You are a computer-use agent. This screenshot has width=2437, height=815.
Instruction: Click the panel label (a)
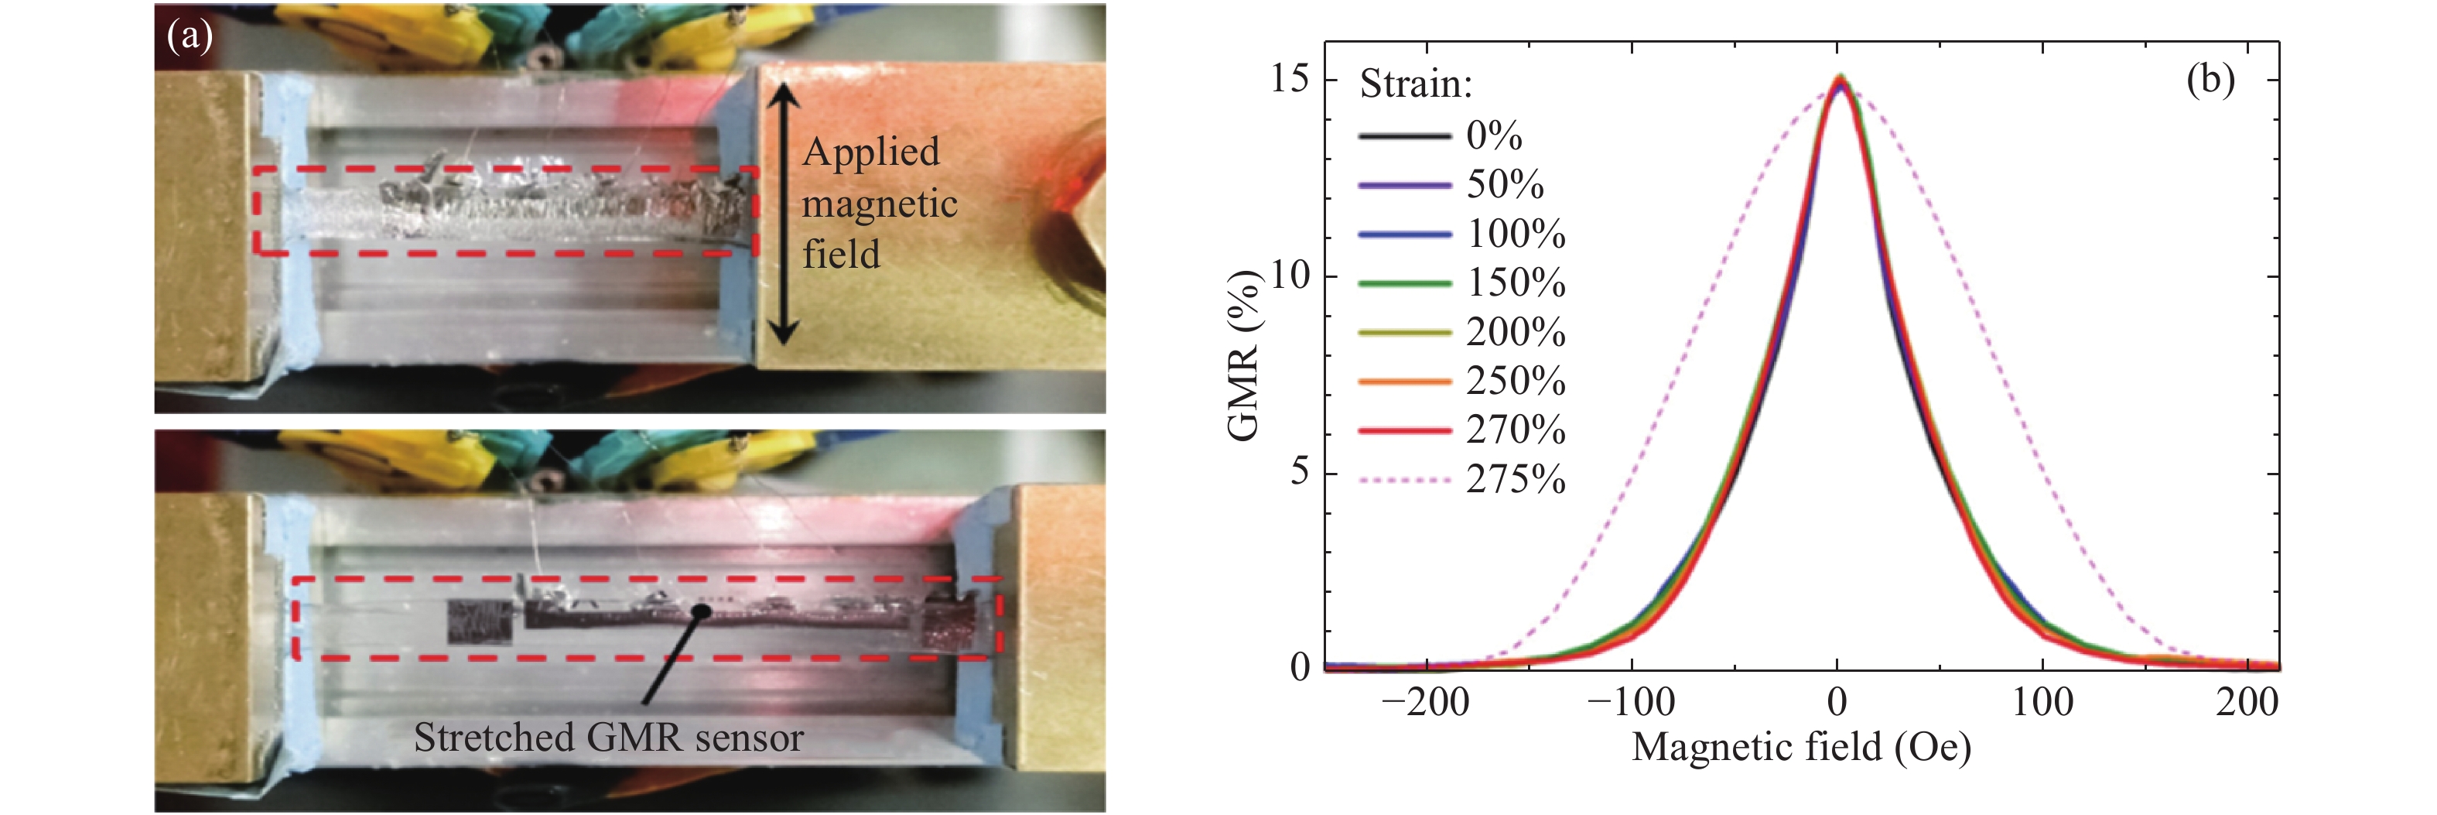pos(190,37)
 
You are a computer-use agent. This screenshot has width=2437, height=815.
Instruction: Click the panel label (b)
pos(2210,80)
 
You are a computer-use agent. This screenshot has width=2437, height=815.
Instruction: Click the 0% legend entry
pos(1494,135)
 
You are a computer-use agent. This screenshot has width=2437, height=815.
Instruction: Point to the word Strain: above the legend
pos(1415,84)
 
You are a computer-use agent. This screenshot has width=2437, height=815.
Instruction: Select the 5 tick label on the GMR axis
pos(1300,471)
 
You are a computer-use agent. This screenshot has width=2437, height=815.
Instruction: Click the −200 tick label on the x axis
pos(1425,702)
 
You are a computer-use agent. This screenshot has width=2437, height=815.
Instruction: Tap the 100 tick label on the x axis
pos(2042,702)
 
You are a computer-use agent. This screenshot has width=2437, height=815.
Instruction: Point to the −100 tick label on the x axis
pos(1630,702)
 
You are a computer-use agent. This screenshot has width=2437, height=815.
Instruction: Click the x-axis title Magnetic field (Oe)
pos(1801,748)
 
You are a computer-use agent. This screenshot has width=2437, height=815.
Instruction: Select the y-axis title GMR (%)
pos(1243,355)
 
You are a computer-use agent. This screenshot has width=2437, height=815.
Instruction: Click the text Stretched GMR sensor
pos(608,738)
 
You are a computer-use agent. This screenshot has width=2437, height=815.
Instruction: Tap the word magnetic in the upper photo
pos(880,204)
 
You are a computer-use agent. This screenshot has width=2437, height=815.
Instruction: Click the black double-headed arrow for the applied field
pos(782,213)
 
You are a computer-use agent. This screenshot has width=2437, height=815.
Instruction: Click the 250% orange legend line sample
pos(1404,382)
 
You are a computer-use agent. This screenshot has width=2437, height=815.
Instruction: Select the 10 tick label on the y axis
pos(1290,276)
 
